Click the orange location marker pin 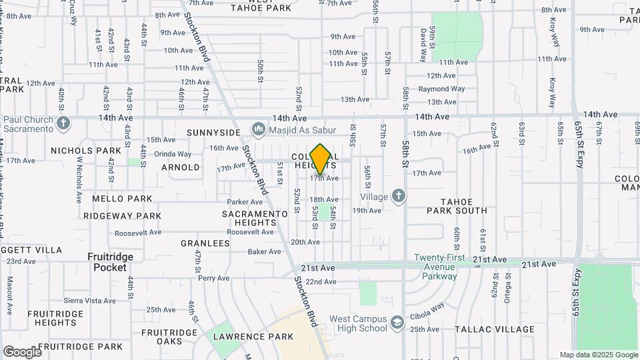[x=320, y=159]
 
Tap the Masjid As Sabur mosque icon [x=257, y=128]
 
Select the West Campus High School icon [x=398, y=322]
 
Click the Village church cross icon [x=398, y=195]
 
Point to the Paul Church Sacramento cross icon [x=63, y=124]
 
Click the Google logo [x=22, y=351]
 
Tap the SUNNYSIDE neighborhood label [x=213, y=133]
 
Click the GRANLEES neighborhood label [x=205, y=244]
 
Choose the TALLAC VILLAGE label [x=495, y=329]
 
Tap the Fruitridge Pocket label [x=110, y=262]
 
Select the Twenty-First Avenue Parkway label [x=435, y=267]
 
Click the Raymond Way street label [x=441, y=89]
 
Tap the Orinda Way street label [x=173, y=154]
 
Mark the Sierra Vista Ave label [x=90, y=301]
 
